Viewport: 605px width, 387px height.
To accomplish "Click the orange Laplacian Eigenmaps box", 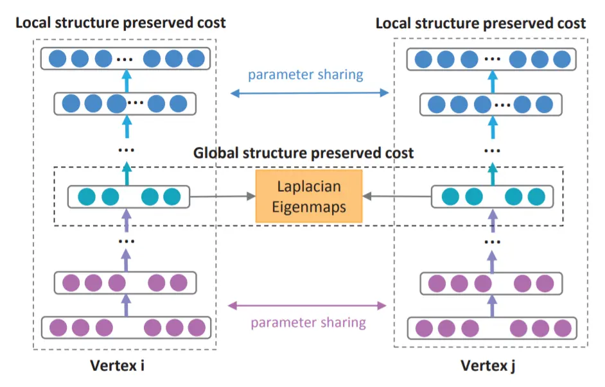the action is click(x=309, y=196).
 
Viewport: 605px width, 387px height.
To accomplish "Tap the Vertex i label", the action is click(x=118, y=365).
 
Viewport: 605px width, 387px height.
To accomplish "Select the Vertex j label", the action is click(x=487, y=366).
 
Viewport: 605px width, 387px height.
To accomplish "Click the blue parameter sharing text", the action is click(x=305, y=74).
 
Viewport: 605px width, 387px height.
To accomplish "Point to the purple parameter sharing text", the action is click(x=308, y=322).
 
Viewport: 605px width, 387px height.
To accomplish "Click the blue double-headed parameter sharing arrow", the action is click(x=310, y=93).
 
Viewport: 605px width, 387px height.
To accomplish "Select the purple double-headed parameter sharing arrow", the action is click(x=307, y=305).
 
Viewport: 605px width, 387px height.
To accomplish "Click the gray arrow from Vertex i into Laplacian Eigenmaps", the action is click(x=223, y=196).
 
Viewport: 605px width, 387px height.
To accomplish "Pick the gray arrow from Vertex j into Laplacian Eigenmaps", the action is click(x=397, y=196).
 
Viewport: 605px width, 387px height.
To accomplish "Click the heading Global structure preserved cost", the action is click(x=303, y=153).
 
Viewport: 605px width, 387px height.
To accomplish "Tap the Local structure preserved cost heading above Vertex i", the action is click(x=120, y=22).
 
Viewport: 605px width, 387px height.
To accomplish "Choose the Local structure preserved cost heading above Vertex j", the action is click(x=481, y=24).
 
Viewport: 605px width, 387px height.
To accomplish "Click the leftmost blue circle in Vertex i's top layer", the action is click(x=58, y=58).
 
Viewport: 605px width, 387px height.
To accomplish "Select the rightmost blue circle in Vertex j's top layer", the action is click(x=562, y=59).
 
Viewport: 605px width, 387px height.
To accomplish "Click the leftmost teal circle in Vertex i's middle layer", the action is click(x=87, y=196).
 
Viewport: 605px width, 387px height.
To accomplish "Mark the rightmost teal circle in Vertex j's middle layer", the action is click(x=536, y=196).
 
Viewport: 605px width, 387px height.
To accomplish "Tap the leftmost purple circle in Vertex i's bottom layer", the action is click(x=58, y=328).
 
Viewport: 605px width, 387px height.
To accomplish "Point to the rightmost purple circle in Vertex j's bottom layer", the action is click(x=563, y=329).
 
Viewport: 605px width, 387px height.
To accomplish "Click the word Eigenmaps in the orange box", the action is click(x=309, y=207).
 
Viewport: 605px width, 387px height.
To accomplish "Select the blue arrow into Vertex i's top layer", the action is click(x=127, y=81).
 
